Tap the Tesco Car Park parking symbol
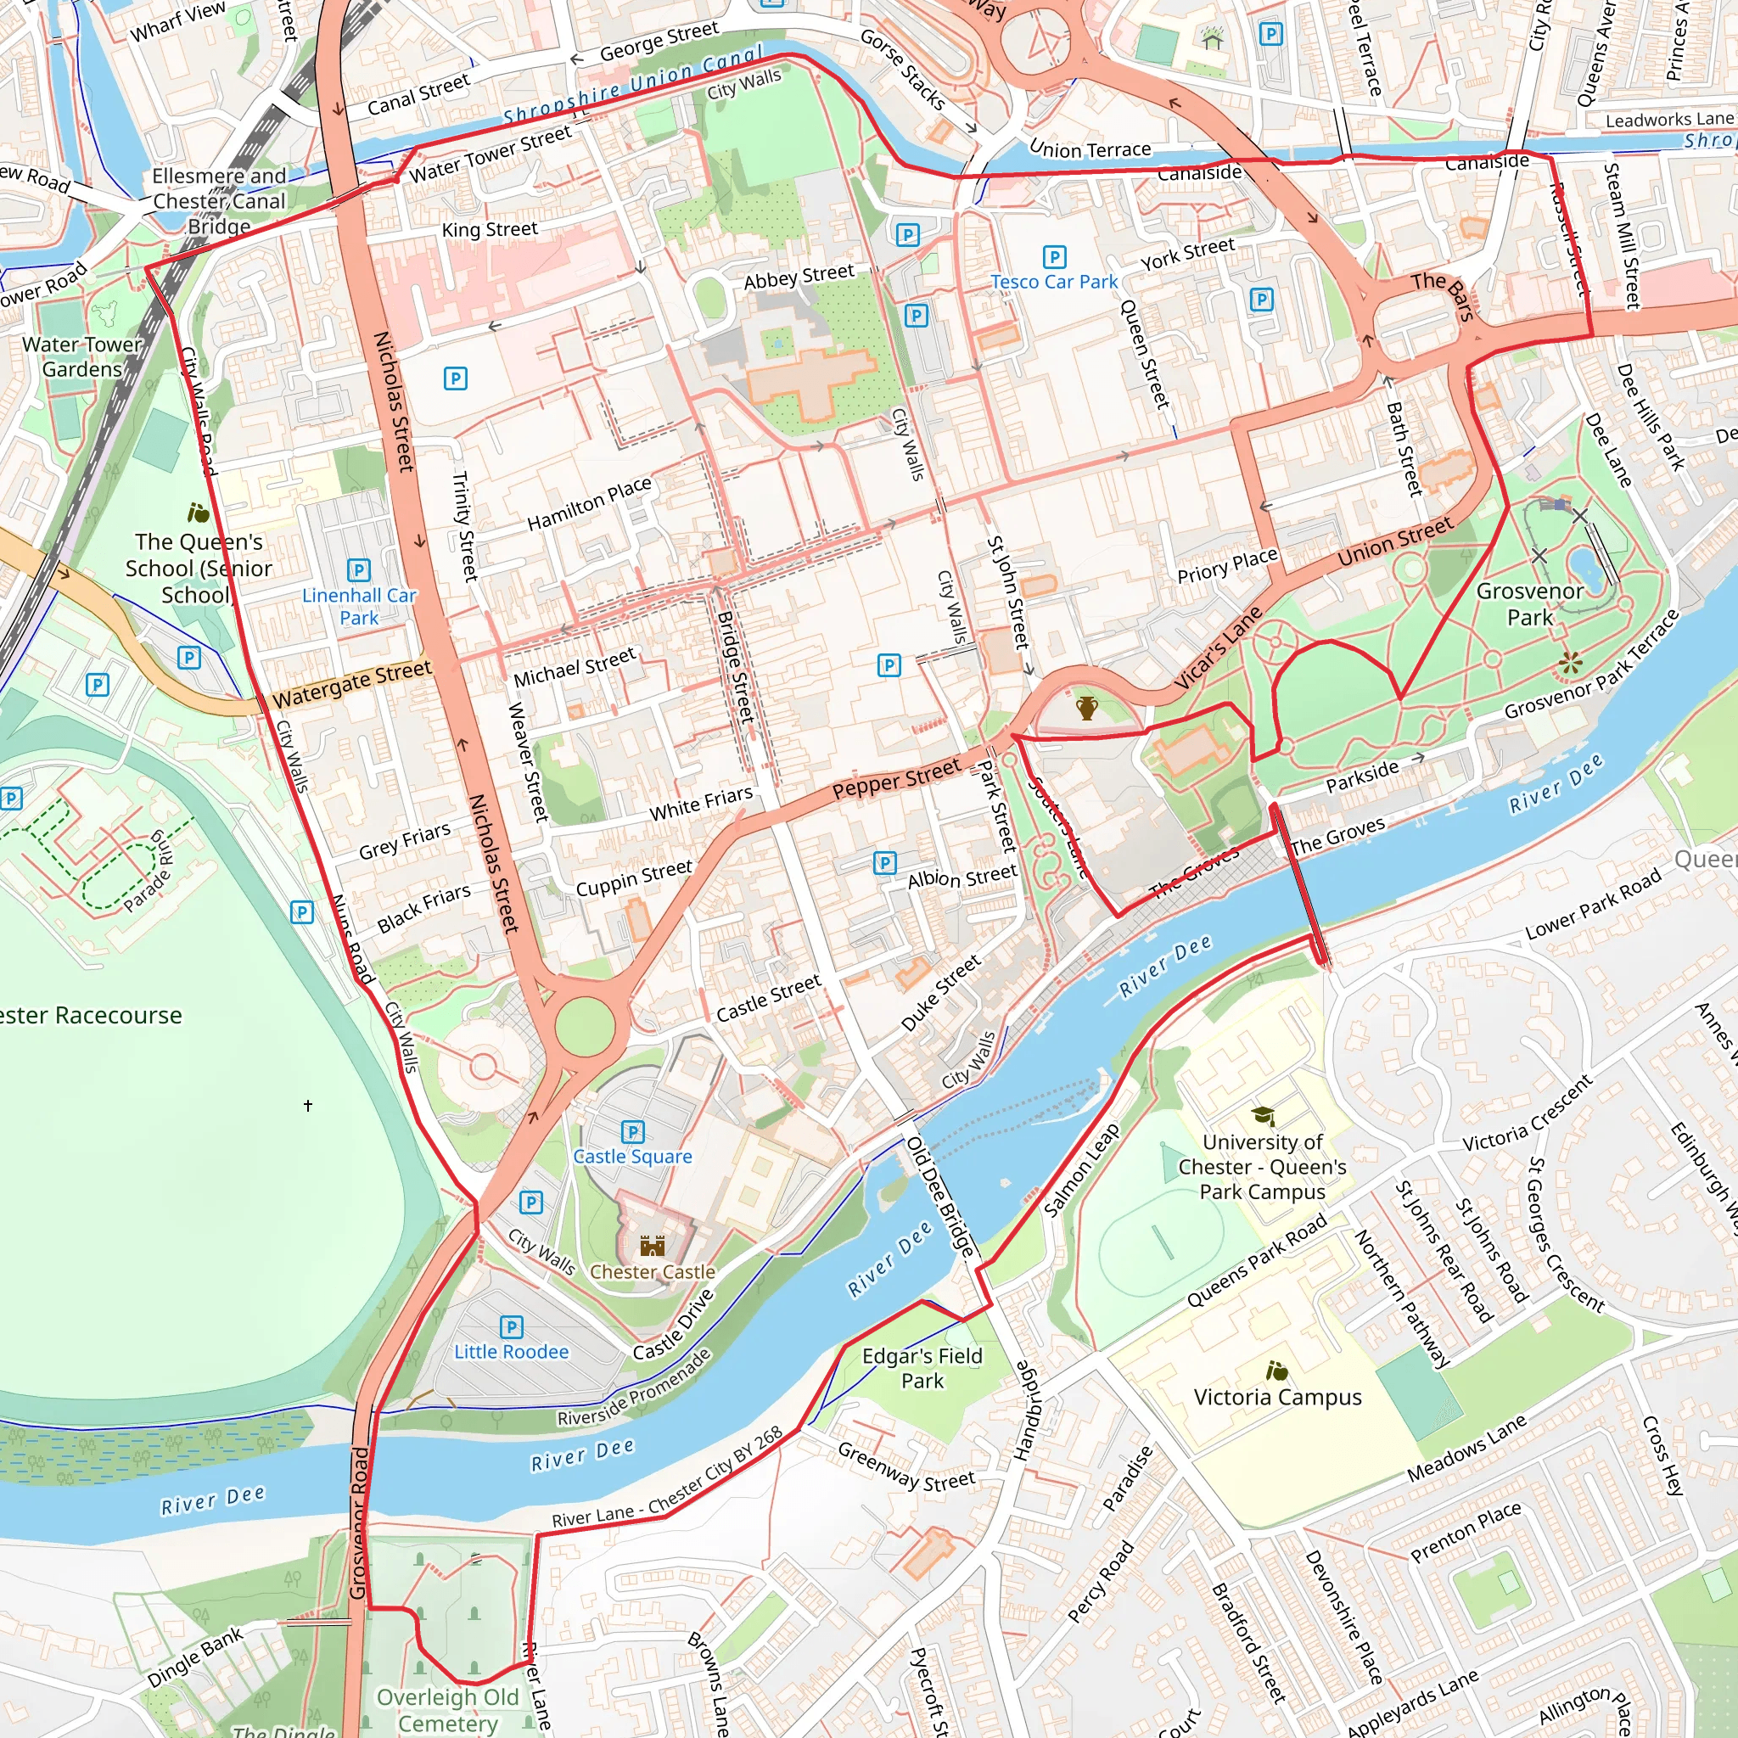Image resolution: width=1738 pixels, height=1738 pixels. [1054, 257]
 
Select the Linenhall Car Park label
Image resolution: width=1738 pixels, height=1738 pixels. [359, 606]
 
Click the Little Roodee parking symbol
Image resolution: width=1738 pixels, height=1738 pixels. [511, 1327]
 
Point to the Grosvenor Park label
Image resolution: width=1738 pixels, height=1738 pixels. [1529, 603]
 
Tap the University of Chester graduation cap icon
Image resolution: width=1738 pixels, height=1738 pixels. [1263, 1115]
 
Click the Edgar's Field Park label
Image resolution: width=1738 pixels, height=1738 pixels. [922, 1368]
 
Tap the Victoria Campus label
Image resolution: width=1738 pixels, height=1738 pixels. [1277, 1397]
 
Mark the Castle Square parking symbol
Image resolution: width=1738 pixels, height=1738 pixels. [633, 1132]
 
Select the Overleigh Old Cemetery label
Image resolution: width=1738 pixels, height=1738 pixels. [448, 1710]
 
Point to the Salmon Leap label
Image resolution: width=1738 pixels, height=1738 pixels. [1081, 1169]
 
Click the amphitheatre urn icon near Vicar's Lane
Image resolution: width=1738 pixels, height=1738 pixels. [1087, 708]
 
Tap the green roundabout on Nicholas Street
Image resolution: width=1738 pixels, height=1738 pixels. [585, 1025]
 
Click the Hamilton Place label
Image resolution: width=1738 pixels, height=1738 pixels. [589, 504]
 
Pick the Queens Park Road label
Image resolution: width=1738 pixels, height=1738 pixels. [1257, 1260]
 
